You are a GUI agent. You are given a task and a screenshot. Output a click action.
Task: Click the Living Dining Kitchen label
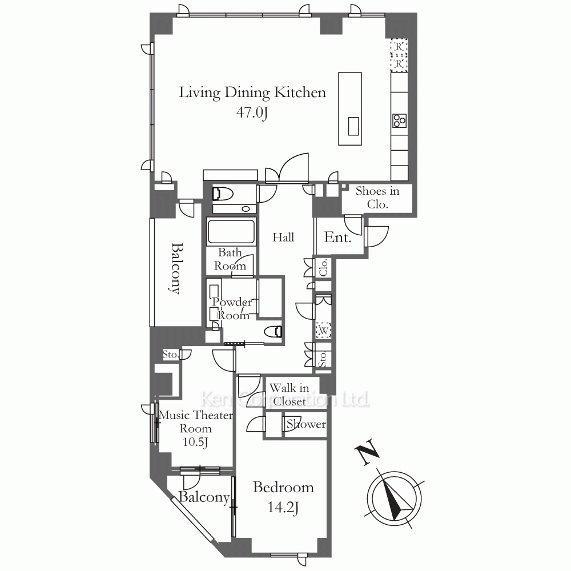click(x=252, y=93)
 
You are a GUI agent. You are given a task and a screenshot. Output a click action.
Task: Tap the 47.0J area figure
click(x=252, y=112)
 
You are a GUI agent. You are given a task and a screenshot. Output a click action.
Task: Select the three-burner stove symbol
click(x=399, y=120)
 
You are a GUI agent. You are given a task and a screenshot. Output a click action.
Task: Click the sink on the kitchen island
click(x=353, y=126)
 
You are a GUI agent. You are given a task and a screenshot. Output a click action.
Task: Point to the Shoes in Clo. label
click(x=377, y=198)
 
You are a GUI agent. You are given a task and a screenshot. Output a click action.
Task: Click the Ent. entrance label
click(x=337, y=238)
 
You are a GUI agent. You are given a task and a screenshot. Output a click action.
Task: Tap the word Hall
click(x=283, y=238)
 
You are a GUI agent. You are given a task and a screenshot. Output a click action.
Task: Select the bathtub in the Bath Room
click(x=231, y=231)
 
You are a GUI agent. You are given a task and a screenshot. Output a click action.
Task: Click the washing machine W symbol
click(x=323, y=331)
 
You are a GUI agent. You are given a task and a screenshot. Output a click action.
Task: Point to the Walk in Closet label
click(x=289, y=395)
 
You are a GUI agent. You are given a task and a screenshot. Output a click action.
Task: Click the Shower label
click(x=306, y=424)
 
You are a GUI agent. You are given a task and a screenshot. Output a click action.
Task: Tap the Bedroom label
click(x=283, y=488)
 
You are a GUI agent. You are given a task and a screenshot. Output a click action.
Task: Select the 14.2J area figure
click(x=283, y=507)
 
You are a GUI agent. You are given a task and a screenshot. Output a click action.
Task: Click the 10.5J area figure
click(x=195, y=442)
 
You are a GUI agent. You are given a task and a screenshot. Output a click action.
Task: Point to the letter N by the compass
click(x=367, y=452)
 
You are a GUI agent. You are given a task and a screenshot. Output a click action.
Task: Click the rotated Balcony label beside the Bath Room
click(x=176, y=268)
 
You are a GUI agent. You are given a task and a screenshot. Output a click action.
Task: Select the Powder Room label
click(x=232, y=308)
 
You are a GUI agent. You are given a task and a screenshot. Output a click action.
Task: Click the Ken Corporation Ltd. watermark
click(x=285, y=400)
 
